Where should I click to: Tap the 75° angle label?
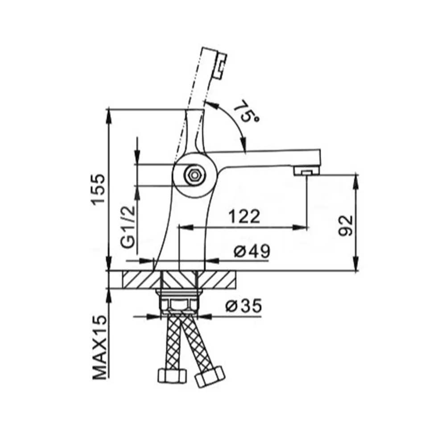click(x=245, y=111)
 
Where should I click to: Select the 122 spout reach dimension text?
click(x=244, y=217)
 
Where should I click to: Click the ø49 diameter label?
click(x=252, y=251)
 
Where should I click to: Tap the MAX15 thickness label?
click(x=99, y=347)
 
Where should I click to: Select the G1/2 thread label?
click(x=127, y=227)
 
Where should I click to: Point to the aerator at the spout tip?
click(x=307, y=171)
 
